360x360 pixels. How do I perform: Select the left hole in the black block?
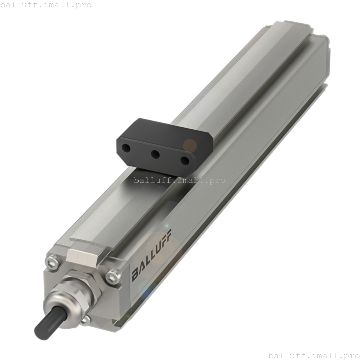coord(126,148)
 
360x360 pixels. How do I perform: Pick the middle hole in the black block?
coord(155,154)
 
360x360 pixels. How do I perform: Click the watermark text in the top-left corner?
coord(46,5)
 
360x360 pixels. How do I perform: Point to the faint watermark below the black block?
coord(179,180)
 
